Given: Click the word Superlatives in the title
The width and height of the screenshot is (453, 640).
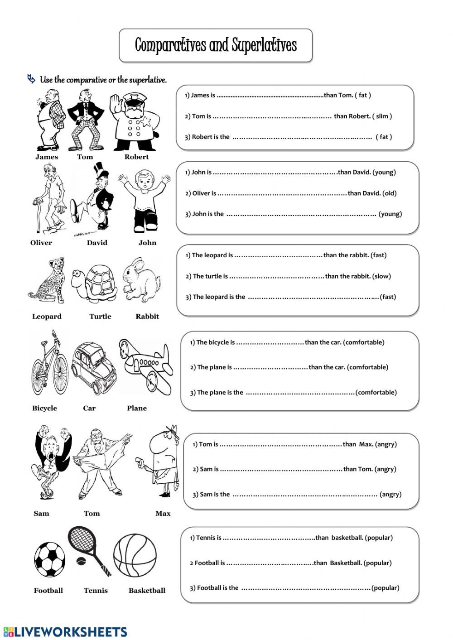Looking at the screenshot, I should (264, 45).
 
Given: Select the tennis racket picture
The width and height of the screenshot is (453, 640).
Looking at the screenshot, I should (88, 549).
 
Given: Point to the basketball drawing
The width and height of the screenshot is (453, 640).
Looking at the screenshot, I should (135, 556).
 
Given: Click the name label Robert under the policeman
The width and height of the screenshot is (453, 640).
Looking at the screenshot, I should (136, 157).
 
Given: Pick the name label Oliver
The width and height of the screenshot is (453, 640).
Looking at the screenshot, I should (41, 243).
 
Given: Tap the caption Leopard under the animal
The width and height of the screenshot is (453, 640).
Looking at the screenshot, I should (47, 317).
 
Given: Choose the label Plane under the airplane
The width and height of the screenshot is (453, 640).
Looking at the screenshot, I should (137, 409).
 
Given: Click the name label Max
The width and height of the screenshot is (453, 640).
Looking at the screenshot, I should (163, 514).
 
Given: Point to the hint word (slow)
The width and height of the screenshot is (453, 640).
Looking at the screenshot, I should (381, 276).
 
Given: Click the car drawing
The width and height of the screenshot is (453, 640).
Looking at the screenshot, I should (94, 368).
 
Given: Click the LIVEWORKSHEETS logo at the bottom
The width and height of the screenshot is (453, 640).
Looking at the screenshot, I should (65, 632).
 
